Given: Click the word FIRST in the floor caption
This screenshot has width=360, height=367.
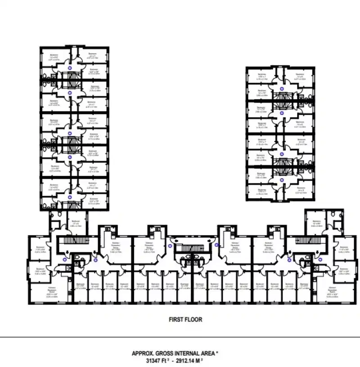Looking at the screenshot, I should [176, 320].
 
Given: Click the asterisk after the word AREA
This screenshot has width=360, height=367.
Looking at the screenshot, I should [218, 353].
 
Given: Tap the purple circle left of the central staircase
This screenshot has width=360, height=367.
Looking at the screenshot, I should [170, 246].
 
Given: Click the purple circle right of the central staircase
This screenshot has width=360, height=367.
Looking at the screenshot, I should [216, 245].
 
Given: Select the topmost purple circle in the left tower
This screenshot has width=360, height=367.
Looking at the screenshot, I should [70, 68].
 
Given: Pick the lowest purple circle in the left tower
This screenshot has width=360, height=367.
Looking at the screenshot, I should [70, 197].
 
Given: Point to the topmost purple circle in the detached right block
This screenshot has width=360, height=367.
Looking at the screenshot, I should [282, 89].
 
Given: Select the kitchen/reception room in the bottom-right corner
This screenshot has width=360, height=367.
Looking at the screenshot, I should [333, 292].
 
